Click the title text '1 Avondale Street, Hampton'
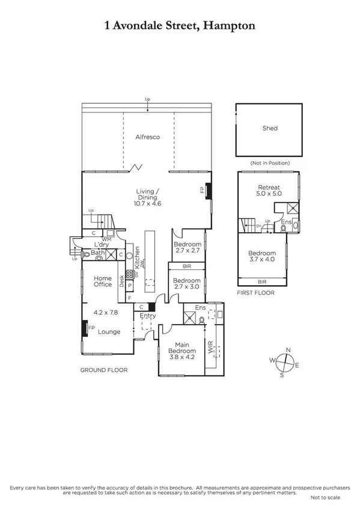coord(180,25)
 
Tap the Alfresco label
coord(147,137)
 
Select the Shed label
coord(270,128)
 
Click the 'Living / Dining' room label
coord(147,194)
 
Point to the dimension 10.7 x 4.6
coord(147,204)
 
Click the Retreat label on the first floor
coord(269,188)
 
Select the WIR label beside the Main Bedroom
coord(210,349)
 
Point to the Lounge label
coord(109,331)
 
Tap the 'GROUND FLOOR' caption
coord(104,370)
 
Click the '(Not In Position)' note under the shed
coord(269,163)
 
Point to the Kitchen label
coord(137,257)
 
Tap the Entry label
coord(147,316)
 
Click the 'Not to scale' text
coord(325,498)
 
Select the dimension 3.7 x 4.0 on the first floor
coord(261,261)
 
